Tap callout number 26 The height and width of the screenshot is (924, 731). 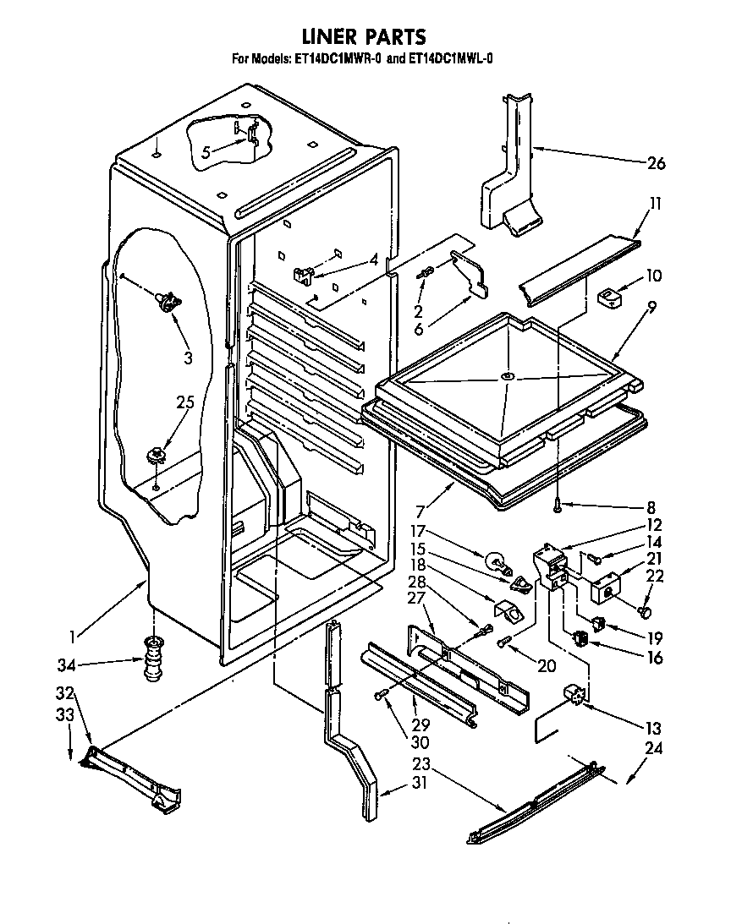pyautogui.click(x=656, y=163)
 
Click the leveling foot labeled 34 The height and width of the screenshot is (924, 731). pyautogui.click(x=151, y=659)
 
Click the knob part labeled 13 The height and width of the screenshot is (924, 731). pyautogui.click(x=574, y=695)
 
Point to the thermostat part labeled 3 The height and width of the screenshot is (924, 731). pyautogui.click(x=168, y=299)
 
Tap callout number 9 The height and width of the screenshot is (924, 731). pyautogui.click(x=651, y=309)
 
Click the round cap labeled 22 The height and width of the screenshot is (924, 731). pyautogui.click(x=646, y=610)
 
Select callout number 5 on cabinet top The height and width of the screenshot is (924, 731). pyautogui.click(x=206, y=152)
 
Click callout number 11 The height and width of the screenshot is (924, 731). pyautogui.click(x=655, y=204)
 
